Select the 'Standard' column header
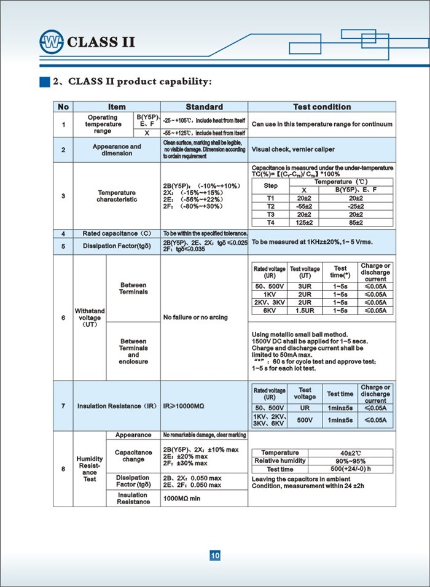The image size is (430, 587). click(204, 107)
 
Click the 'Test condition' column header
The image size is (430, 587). click(322, 107)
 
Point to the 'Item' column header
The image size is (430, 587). click(117, 107)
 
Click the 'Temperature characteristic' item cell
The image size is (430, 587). click(117, 196)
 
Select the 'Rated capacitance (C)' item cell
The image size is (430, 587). click(117, 234)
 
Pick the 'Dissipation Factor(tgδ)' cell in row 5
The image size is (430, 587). click(117, 246)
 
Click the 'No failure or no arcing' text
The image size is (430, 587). click(195, 317)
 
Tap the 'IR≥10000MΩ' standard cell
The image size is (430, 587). click(187, 406)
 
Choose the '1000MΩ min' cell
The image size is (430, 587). click(182, 499)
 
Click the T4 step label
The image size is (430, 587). click(271, 223)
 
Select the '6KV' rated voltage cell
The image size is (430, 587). click(270, 311)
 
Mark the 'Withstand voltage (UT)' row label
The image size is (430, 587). click(90, 317)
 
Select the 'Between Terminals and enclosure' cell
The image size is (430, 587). click(133, 351)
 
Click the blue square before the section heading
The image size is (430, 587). click(44, 81)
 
